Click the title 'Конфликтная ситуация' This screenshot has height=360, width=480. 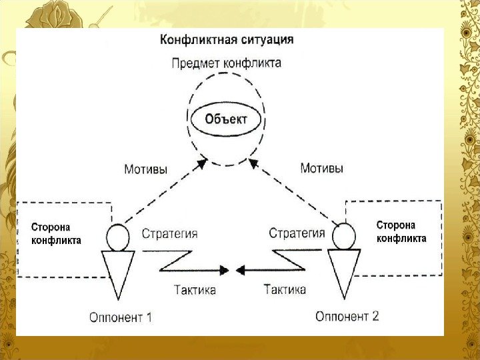pos(226,39)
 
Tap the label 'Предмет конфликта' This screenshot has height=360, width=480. pos(226,63)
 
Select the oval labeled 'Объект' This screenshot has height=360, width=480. pos(225,120)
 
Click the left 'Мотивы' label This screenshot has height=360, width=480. pos(147,169)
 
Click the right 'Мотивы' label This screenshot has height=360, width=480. pos(322,169)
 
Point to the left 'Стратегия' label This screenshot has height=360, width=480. pos(170,233)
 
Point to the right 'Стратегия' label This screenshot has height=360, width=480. pos(297,233)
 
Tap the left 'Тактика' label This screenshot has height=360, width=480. pos(195,290)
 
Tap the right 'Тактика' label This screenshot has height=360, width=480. pos(285,290)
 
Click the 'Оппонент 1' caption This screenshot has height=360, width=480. pos(121,317)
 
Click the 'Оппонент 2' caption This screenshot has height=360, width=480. pos(347,317)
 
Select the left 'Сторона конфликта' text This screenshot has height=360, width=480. pos(57,234)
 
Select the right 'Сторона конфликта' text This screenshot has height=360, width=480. pos(401,231)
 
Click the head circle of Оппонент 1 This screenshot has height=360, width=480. pos(118,237)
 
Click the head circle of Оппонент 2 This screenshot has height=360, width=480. pos(344,235)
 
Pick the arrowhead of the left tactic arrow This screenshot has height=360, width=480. pos(223,270)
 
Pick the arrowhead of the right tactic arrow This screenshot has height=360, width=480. pos(241,270)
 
